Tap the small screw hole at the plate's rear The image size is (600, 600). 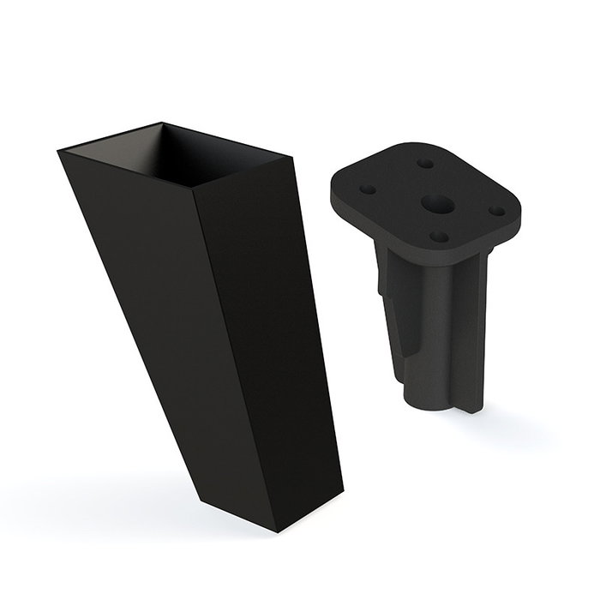tap(424, 160)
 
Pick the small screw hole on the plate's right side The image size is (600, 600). tap(495, 206)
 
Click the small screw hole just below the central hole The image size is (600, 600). tap(437, 235)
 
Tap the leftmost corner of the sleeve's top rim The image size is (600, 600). tap(57, 153)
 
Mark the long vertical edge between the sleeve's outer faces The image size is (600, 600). tap(199, 343)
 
